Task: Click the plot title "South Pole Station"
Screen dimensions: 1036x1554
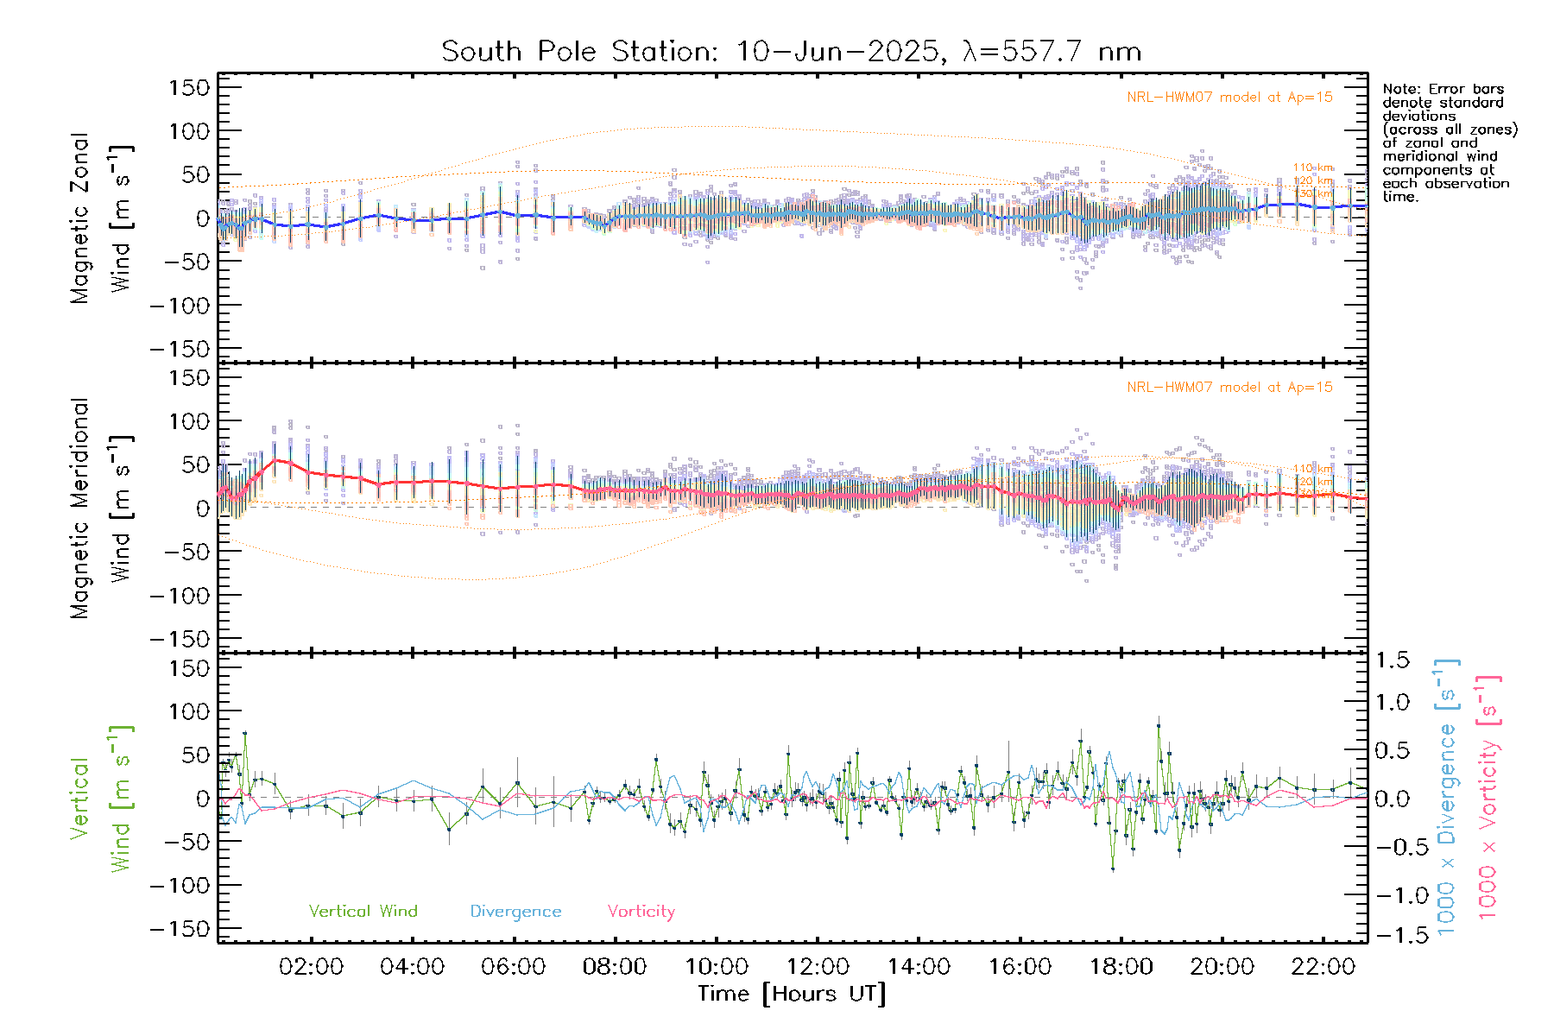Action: click(x=578, y=52)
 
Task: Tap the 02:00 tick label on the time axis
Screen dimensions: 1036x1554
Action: click(x=311, y=967)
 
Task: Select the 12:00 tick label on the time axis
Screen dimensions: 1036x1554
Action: click(x=818, y=967)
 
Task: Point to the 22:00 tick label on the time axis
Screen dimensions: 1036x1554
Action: click(x=1323, y=967)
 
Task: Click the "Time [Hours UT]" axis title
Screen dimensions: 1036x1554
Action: click(x=792, y=995)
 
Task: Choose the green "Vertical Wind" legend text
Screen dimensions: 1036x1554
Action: click(x=363, y=912)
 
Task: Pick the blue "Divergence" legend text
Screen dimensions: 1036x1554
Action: click(x=515, y=912)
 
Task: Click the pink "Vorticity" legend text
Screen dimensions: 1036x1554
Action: click(x=641, y=912)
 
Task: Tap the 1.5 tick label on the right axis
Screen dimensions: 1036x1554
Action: click(x=1393, y=660)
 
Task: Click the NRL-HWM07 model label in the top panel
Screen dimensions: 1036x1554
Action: click(x=1229, y=98)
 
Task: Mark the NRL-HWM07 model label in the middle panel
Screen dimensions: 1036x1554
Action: click(x=1229, y=388)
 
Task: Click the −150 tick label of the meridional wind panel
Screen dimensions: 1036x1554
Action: click(x=180, y=639)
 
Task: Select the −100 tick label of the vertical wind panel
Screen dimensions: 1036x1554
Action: click(x=180, y=886)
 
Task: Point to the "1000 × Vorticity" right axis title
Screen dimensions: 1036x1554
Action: click(x=1488, y=797)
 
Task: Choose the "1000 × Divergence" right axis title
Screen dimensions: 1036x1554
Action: click(x=1447, y=797)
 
